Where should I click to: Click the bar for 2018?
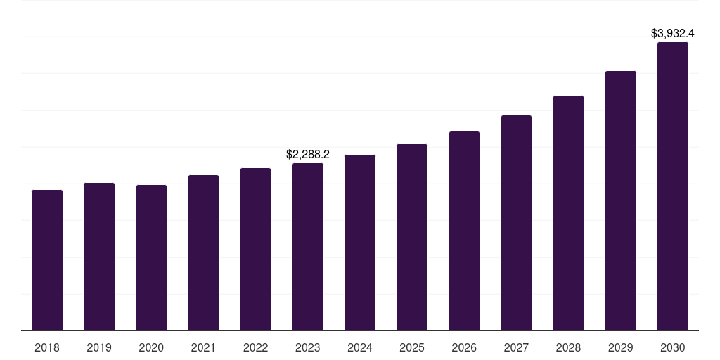pyautogui.click(x=47, y=260)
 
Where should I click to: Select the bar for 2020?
pyautogui.click(x=151, y=257)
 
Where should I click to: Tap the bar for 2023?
pyautogui.click(x=308, y=247)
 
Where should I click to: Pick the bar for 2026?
pyautogui.click(x=464, y=231)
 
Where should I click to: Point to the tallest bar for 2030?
pyautogui.click(x=672, y=186)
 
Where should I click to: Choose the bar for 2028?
pyautogui.click(x=568, y=213)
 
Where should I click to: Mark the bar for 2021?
pyautogui.click(x=203, y=252)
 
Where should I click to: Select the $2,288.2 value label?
pyautogui.click(x=308, y=154)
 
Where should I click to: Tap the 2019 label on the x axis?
pyautogui.click(x=99, y=347)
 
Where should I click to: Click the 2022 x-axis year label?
pyautogui.click(x=255, y=347)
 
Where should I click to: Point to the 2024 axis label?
pyautogui.click(x=360, y=347)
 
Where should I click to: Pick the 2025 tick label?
pyautogui.click(x=412, y=347)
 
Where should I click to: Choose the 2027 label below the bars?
pyautogui.click(x=516, y=347)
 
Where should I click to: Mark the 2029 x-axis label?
pyautogui.click(x=620, y=347)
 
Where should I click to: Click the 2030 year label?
pyautogui.click(x=672, y=347)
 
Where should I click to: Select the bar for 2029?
pyautogui.click(x=620, y=200)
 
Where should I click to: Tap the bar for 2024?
pyautogui.click(x=360, y=243)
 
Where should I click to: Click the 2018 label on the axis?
pyautogui.click(x=47, y=347)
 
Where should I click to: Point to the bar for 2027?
pyautogui.click(x=516, y=223)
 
